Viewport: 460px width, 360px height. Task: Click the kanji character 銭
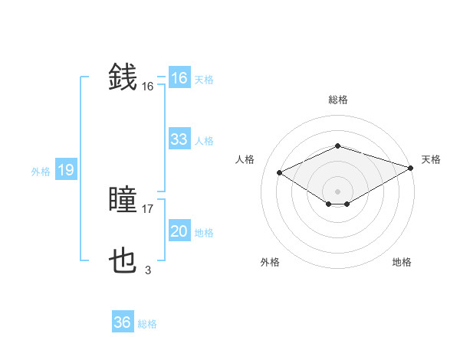(123, 77)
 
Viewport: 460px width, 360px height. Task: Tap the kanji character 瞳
(123, 201)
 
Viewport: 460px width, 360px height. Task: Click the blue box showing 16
(179, 78)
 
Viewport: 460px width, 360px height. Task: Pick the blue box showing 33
(179, 139)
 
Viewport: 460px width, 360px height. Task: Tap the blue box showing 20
(179, 231)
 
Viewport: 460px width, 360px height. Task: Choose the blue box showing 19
(65, 170)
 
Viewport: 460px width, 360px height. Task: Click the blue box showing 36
(122, 322)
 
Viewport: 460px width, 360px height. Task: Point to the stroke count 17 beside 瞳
(148, 208)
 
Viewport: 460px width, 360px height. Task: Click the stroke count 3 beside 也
(147, 270)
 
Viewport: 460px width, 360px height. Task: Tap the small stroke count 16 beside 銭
(148, 87)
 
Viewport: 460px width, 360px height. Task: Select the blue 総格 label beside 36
(147, 324)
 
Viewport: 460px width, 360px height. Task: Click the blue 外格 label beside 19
(41, 172)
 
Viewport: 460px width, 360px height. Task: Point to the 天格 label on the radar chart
(431, 159)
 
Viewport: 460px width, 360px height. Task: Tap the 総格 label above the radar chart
(338, 100)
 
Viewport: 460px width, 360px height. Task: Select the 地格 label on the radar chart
(402, 262)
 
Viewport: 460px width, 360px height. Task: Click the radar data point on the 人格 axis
(279, 172)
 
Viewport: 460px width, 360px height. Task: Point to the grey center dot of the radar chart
(337, 190)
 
